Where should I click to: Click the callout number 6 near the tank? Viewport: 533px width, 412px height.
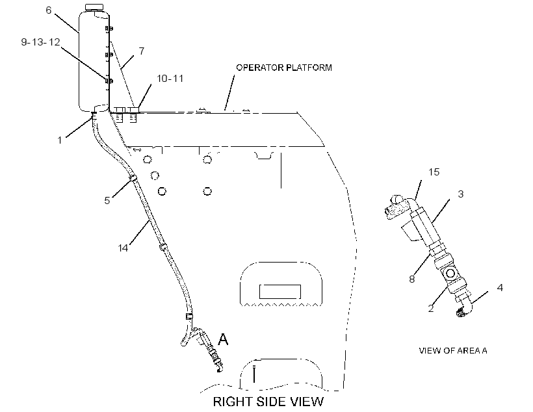click(x=49, y=10)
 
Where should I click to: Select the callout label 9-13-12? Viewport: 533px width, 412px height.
click(x=40, y=42)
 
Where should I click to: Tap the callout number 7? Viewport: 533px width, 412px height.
click(x=142, y=51)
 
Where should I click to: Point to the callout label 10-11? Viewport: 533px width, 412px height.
click(x=170, y=79)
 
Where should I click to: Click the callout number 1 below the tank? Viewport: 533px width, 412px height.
click(x=60, y=140)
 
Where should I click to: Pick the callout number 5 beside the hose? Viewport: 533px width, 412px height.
click(x=107, y=201)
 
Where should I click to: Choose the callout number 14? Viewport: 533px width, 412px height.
click(x=123, y=248)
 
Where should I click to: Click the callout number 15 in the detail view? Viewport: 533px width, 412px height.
click(x=434, y=172)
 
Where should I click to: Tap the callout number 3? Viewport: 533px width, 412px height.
click(x=461, y=194)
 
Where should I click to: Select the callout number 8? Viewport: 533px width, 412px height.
click(x=412, y=279)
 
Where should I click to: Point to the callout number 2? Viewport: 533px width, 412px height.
click(x=431, y=308)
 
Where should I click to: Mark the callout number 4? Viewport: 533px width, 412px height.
click(x=500, y=288)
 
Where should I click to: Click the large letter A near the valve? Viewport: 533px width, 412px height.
click(x=223, y=339)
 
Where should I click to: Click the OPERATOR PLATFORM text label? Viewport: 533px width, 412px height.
click(x=284, y=68)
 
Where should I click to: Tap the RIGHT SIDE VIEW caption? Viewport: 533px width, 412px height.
click(x=268, y=402)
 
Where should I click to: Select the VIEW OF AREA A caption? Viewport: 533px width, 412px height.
click(x=453, y=350)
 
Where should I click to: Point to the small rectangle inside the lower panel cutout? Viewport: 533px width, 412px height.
click(x=280, y=292)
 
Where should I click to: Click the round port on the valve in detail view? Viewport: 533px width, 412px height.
click(x=450, y=274)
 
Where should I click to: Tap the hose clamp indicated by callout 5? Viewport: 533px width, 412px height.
click(x=133, y=178)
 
